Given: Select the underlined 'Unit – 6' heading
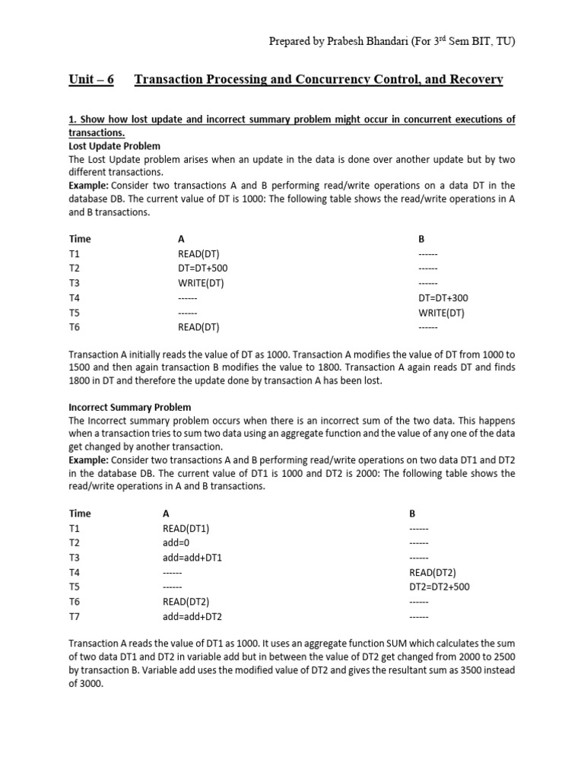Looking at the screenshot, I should coord(90,80).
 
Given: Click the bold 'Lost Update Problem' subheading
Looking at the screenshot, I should coord(114,146).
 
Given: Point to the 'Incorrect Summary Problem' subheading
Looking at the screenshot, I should coord(130,408).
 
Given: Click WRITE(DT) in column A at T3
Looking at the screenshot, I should coord(201,283).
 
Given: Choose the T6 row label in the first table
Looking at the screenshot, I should coord(74,327).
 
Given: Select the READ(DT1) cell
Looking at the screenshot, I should coord(186,529).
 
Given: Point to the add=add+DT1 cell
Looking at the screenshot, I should coord(192,558).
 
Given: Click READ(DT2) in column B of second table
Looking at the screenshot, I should coord(432,572).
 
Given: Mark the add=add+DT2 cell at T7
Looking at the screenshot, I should coord(192,616).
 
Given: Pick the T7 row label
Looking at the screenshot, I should coord(74,616).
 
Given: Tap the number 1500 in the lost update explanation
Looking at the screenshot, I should coord(80,367).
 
